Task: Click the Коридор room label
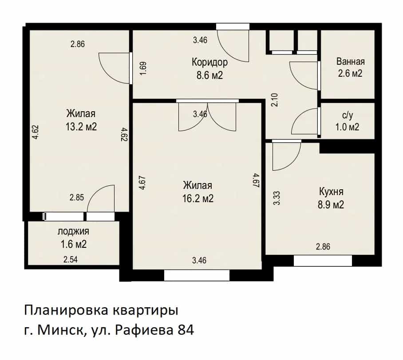coord(209,62)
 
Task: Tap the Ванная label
coord(350,62)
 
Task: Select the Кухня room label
coord(331,192)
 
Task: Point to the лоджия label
coord(73,231)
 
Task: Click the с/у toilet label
coord(348,115)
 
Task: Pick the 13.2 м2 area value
coord(81,127)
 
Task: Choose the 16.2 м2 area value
coord(198,199)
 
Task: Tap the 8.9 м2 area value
coord(331,205)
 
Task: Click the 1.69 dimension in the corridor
coord(143,68)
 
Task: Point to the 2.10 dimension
coord(274,100)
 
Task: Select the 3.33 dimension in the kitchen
coord(277,198)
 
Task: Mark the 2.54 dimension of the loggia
coord(71,259)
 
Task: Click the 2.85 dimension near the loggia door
coord(77,197)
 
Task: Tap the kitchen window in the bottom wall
coord(323,261)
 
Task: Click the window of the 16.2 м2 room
coord(197,275)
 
